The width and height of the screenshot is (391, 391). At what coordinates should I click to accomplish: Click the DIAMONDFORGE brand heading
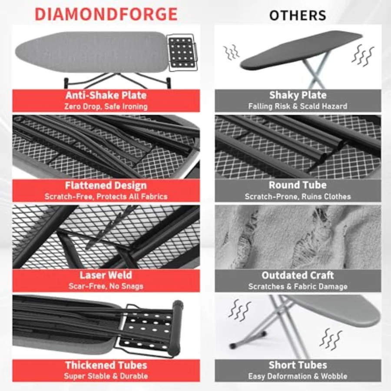[x=106, y=14]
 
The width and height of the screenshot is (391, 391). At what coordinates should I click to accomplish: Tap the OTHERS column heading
[x=298, y=15]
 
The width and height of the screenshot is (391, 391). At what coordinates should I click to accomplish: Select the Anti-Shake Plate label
[x=106, y=95]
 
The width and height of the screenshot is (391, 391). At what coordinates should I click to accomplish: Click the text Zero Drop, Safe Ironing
[x=106, y=106]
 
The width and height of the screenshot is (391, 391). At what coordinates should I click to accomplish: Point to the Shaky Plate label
[x=298, y=95]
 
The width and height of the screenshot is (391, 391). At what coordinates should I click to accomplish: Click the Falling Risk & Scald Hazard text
[x=298, y=106]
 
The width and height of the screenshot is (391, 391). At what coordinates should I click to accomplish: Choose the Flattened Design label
[x=106, y=186]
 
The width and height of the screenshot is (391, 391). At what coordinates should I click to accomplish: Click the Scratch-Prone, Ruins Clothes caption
[x=298, y=196]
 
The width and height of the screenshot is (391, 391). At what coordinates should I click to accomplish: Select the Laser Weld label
[x=106, y=275]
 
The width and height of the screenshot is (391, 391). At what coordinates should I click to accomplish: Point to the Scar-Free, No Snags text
[x=106, y=286]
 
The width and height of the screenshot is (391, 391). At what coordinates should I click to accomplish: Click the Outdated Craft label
[x=298, y=275]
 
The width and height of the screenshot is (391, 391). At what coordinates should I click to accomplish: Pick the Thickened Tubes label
[x=106, y=365]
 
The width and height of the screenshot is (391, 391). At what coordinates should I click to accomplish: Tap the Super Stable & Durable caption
[x=106, y=376]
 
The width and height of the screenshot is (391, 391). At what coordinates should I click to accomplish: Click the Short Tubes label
[x=298, y=365]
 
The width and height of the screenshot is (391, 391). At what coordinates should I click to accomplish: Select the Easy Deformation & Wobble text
[x=298, y=376]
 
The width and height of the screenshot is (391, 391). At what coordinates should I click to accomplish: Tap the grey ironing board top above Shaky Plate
[x=300, y=48]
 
